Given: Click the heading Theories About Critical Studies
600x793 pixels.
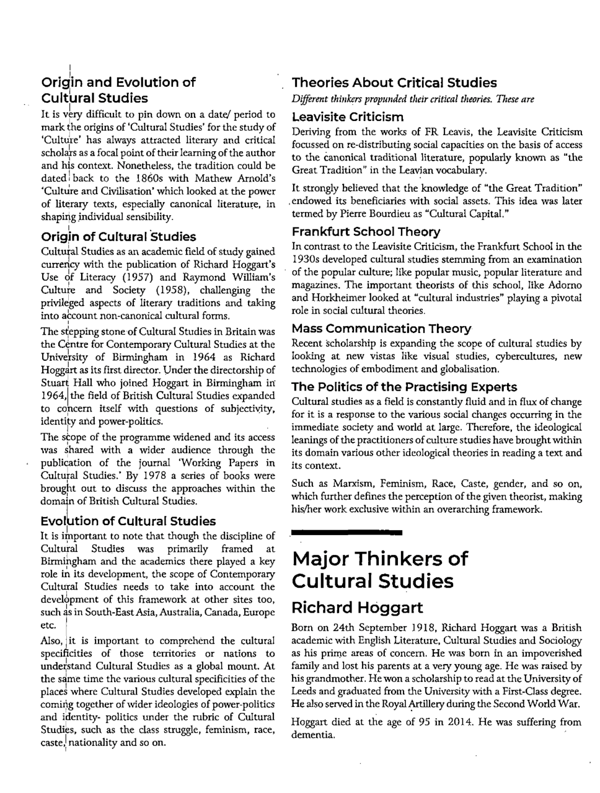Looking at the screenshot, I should click(394, 82).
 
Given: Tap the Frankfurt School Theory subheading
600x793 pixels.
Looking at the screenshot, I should click(366, 232).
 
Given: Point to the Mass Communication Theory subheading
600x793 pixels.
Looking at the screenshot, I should click(381, 329).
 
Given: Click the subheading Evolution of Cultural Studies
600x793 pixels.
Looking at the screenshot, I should click(128, 521).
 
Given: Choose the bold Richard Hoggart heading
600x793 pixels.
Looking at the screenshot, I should click(357, 607).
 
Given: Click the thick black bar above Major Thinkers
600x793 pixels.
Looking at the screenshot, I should click(346, 532).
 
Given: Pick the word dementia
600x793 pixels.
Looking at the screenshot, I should click(312, 735).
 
